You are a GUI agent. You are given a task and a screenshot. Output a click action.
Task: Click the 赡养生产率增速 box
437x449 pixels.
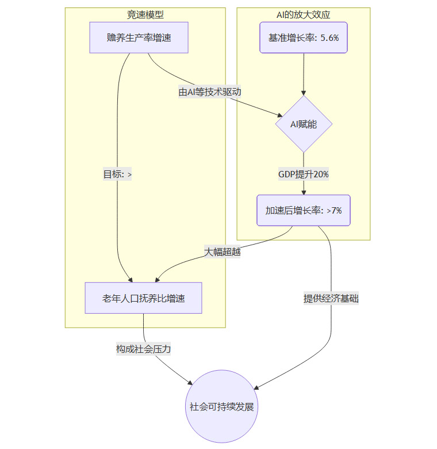(x=139, y=37)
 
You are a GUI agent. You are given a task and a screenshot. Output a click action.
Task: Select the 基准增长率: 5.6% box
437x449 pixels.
(x=304, y=37)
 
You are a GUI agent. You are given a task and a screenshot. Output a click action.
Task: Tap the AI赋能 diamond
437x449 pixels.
(x=304, y=124)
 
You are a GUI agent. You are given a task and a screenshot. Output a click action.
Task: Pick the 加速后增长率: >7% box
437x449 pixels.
(x=304, y=210)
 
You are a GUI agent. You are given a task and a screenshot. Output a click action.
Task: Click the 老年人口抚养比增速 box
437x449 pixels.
(x=143, y=298)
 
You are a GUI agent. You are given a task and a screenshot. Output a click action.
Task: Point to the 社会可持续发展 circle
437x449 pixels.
(x=221, y=406)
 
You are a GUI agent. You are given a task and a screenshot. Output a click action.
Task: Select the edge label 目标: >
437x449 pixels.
(x=117, y=174)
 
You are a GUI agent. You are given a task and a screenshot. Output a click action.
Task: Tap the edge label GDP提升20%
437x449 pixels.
(x=304, y=174)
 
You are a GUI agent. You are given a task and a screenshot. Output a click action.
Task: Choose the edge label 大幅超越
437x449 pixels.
(x=222, y=252)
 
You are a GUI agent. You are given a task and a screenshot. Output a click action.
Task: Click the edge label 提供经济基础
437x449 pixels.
(x=331, y=298)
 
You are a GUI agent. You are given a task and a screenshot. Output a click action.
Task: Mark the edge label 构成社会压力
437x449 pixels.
(x=143, y=349)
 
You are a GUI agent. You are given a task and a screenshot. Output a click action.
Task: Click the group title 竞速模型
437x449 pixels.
(x=145, y=14)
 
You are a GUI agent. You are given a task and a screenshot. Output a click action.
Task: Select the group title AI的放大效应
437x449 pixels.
(x=304, y=14)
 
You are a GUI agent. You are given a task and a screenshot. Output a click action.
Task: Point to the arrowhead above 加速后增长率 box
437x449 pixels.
(x=304, y=192)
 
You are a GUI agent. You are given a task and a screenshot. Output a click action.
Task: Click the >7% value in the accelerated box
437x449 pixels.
(x=335, y=210)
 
